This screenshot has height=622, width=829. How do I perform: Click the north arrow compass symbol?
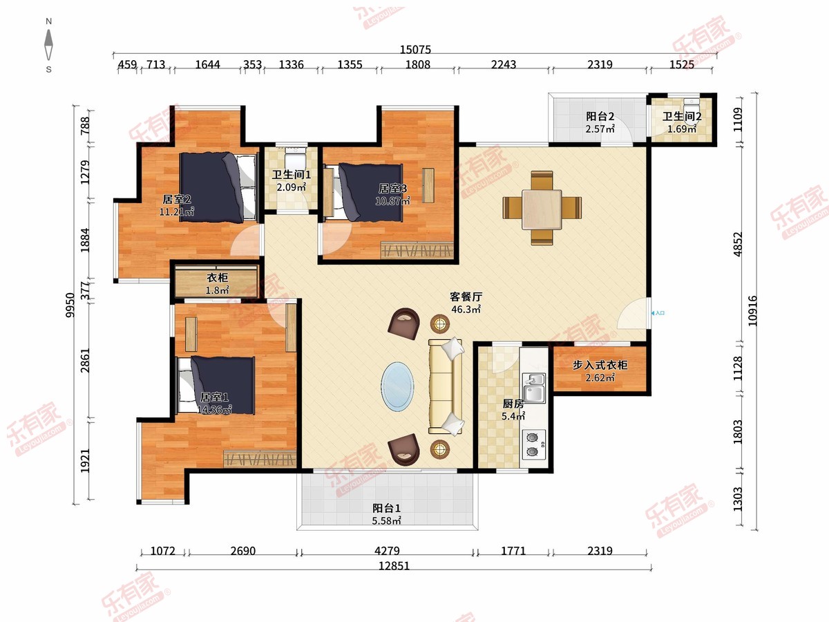49,44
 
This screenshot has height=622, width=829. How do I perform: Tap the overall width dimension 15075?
415,50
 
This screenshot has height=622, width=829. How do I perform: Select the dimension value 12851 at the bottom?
394,566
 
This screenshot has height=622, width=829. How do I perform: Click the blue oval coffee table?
397,387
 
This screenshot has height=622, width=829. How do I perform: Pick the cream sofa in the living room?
446,386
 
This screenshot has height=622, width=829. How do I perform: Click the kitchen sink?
534,388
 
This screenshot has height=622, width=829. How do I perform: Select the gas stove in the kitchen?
534,444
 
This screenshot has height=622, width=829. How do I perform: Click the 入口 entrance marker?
658,313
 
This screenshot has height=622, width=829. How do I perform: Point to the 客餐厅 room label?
466,296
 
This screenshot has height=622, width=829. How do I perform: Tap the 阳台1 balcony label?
386,508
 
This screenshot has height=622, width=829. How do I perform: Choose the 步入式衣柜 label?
600,365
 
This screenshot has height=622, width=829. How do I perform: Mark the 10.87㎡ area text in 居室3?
393,200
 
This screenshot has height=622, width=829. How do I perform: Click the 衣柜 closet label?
217,278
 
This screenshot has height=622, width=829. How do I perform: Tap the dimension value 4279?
387,551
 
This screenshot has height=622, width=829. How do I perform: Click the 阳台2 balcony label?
600,116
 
